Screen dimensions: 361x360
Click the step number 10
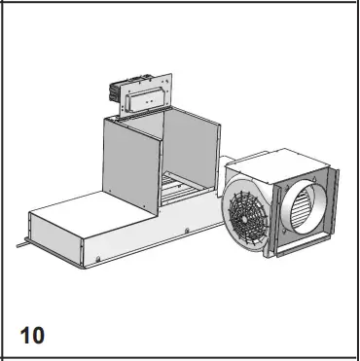click(31, 335)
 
